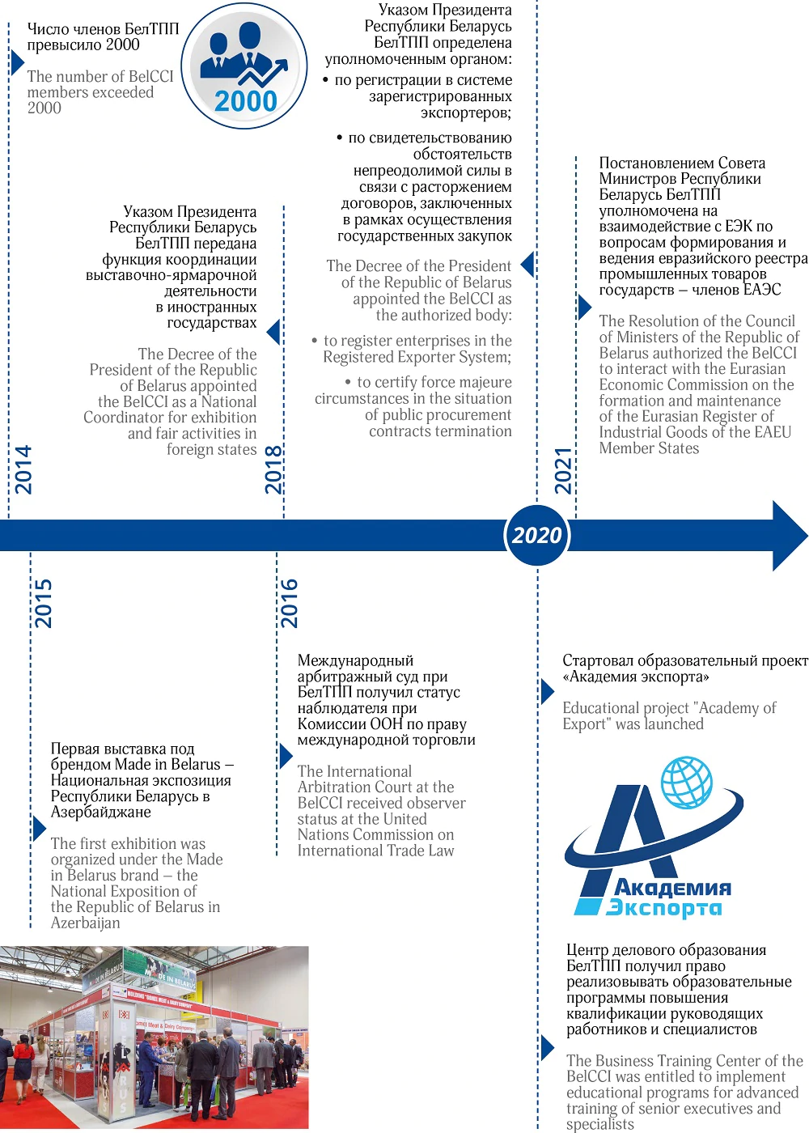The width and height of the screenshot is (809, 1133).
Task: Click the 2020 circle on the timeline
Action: click(x=537, y=535)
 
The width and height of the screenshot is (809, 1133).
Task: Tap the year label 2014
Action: click(x=23, y=469)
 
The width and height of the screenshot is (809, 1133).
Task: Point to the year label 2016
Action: click(x=289, y=603)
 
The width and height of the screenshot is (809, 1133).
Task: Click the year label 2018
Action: click(x=274, y=469)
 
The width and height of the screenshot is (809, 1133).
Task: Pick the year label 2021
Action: click(x=563, y=470)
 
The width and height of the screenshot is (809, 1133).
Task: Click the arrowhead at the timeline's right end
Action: click(x=789, y=536)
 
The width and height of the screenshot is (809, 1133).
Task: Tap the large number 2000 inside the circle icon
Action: click(x=245, y=101)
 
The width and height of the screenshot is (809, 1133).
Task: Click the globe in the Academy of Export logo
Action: click(x=687, y=782)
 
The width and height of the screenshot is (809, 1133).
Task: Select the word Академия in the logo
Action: click(x=672, y=888)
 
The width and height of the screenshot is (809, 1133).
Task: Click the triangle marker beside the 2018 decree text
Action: click(x=274, y=332)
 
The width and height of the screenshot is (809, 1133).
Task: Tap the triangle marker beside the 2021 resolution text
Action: click(x=584, y=308)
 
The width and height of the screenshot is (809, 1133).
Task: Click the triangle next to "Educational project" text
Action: click(x=548, y=692)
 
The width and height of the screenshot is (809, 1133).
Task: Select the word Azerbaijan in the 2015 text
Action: click(x=85, y=923)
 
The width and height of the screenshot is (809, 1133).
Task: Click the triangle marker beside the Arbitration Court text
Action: click(x=286, y=756)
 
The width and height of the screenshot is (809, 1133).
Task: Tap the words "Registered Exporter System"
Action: click(x=416, y=358)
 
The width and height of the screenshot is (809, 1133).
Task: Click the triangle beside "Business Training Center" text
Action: click(x=548, y=1048)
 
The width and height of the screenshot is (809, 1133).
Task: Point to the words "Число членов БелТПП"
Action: click(x=103, y=29)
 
